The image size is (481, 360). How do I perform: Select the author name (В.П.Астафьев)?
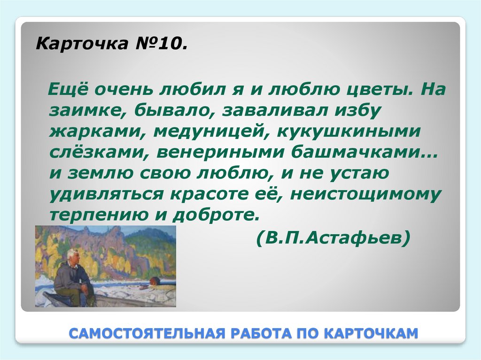coord(334,238)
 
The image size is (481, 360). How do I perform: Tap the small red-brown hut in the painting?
coord(154,281)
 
